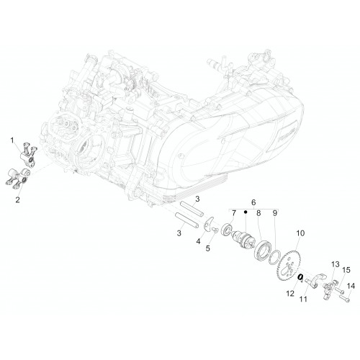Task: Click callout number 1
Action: (x=12, y=140)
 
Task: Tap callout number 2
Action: (x=17, y=199)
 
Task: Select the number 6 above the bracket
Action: (x=253, y=202)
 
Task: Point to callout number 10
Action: (x=300, y=233)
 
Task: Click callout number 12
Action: (x=290, y=293)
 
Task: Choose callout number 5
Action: (x=207, y=248)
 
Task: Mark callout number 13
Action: (x=336, y=264)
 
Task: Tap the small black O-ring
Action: (x=300, y=277)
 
